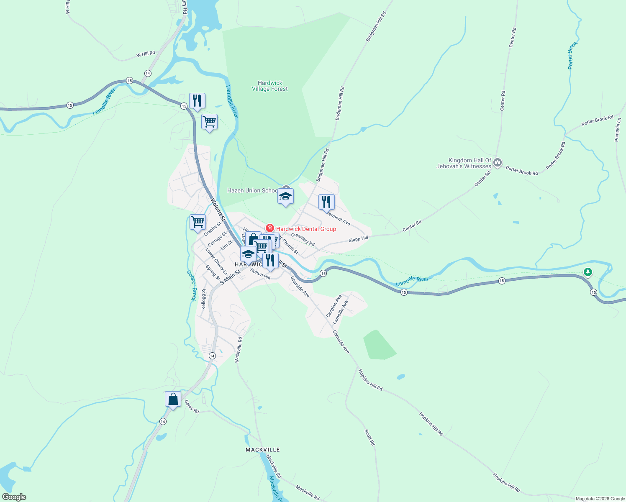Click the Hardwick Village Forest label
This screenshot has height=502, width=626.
tap(270, 86)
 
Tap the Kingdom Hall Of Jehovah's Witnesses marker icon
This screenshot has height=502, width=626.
tap(498, 162)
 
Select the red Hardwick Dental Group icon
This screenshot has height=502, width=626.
tap(270, 228)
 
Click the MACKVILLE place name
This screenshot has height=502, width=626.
tap(262, 450)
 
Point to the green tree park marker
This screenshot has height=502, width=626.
tap(588, 272)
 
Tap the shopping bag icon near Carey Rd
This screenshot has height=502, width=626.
tap(173, 400)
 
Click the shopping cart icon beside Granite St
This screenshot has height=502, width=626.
tap(198, 222)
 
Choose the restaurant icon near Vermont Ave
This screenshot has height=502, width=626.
tap(326, 202)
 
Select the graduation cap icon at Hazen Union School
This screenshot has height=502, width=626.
tap(285, 196)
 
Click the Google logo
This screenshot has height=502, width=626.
tap(14, 497)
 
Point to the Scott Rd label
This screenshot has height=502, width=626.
tap(369, 437)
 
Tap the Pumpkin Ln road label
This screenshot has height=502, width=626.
tap(618, 130)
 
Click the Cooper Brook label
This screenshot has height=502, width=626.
tap(192, 285)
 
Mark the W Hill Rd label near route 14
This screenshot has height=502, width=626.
tap(146, 54)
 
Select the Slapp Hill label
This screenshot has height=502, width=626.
tap(358, 239)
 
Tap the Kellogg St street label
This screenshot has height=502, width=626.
tap(204, 299)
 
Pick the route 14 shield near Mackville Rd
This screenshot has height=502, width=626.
tap(212, 356)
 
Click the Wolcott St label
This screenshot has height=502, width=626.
tap(218, 209)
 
